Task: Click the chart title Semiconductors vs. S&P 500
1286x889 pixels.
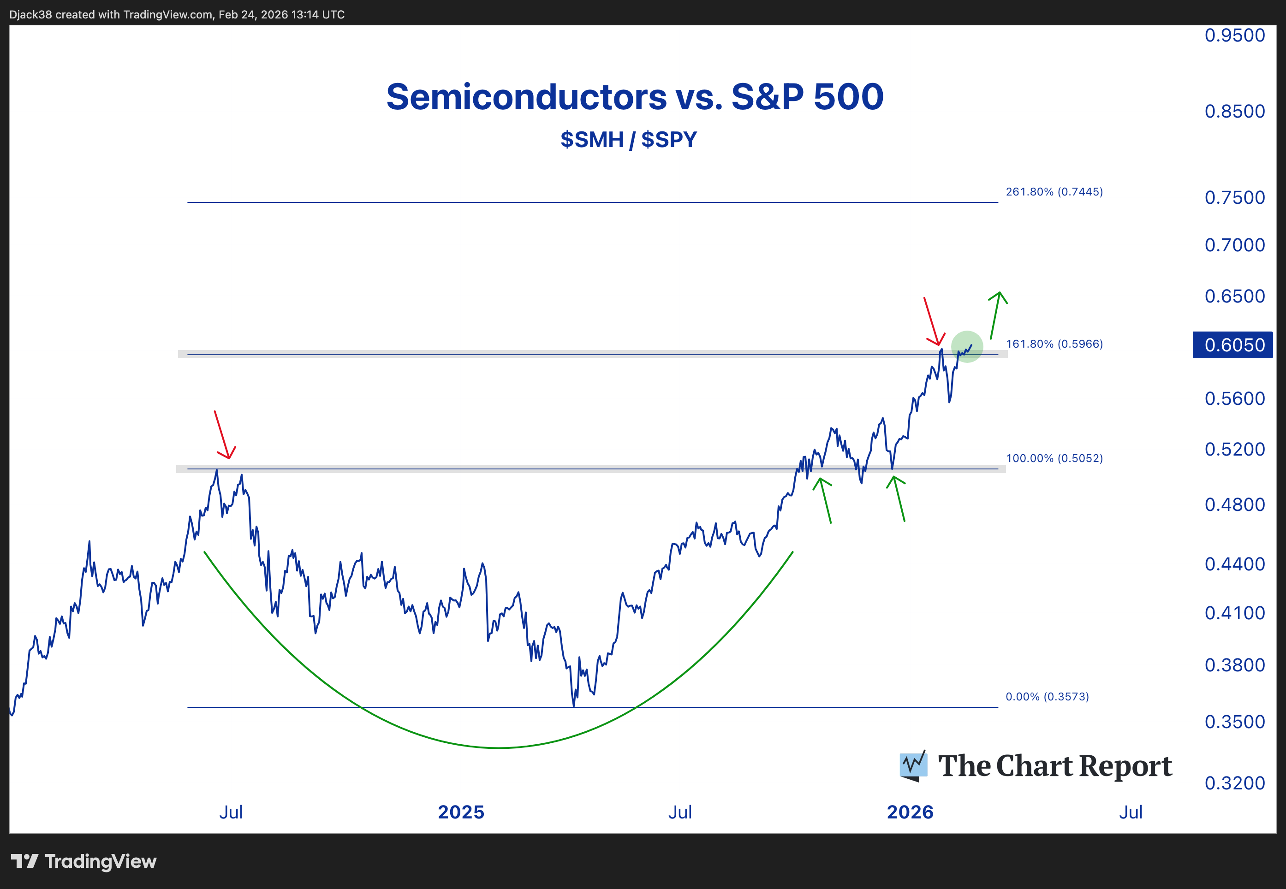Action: click(635, 97)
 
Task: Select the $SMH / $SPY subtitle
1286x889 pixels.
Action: click(629, 139)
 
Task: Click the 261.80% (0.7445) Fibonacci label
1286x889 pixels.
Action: click(1054, 192)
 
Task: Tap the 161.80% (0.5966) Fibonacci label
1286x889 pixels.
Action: click(1054, 344)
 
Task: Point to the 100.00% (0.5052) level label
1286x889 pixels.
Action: click(1054, 458)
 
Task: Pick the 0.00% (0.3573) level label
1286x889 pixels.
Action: click(1047, 696)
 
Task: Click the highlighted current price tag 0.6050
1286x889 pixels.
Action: click(1234, 345)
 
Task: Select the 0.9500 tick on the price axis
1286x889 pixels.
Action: click(1234, 35)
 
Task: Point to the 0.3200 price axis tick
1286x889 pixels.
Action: click(1234, 782)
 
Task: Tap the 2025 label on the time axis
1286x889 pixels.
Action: click(461, 812)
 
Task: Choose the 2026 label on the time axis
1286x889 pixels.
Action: click(910, 812)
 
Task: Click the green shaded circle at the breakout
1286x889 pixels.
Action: click(967, 346)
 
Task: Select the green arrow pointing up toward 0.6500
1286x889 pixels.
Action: click(996, 315)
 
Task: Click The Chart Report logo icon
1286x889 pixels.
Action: click(913, 766)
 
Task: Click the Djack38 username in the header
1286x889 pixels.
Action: click(30, 14)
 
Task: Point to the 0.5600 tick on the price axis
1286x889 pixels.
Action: click(1234, 398)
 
